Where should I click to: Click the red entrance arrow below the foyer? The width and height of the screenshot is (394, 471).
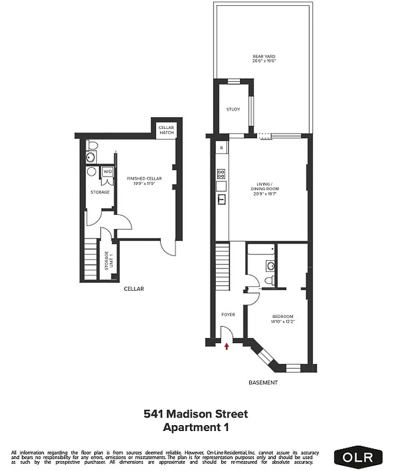227,347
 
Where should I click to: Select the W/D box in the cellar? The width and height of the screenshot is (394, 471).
108,172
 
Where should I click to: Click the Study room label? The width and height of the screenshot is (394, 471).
233,110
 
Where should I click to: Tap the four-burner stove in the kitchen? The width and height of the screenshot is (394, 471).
222,174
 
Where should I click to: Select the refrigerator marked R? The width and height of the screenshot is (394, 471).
221,147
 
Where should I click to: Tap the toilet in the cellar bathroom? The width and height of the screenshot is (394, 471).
91,145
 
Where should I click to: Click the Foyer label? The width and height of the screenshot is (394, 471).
228,314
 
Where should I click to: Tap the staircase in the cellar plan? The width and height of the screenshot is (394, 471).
89,260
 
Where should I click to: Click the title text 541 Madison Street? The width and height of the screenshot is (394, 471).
196,414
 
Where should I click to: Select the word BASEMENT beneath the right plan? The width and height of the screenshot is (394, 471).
262,383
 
